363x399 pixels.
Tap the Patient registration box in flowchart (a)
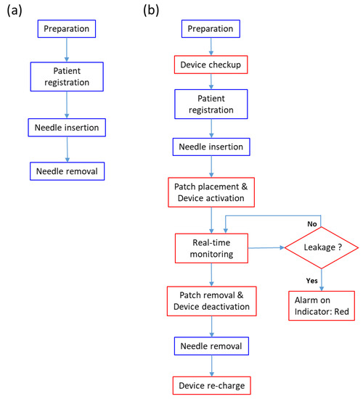pyautogui.click(x=68, y=78)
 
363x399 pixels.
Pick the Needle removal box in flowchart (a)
pyautogui.click(x=68, y=172)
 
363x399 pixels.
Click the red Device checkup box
pyautogui.click(x=211, y=65)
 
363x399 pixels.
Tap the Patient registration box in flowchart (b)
pyautogui.click(x=211, y=106)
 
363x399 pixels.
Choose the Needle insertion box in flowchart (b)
pyautogui.click(x=211, y=147)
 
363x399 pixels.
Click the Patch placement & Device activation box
pyautogui.click(x=211, y=191)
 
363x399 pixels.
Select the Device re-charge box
pyautogui.click(x=211, y=385)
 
